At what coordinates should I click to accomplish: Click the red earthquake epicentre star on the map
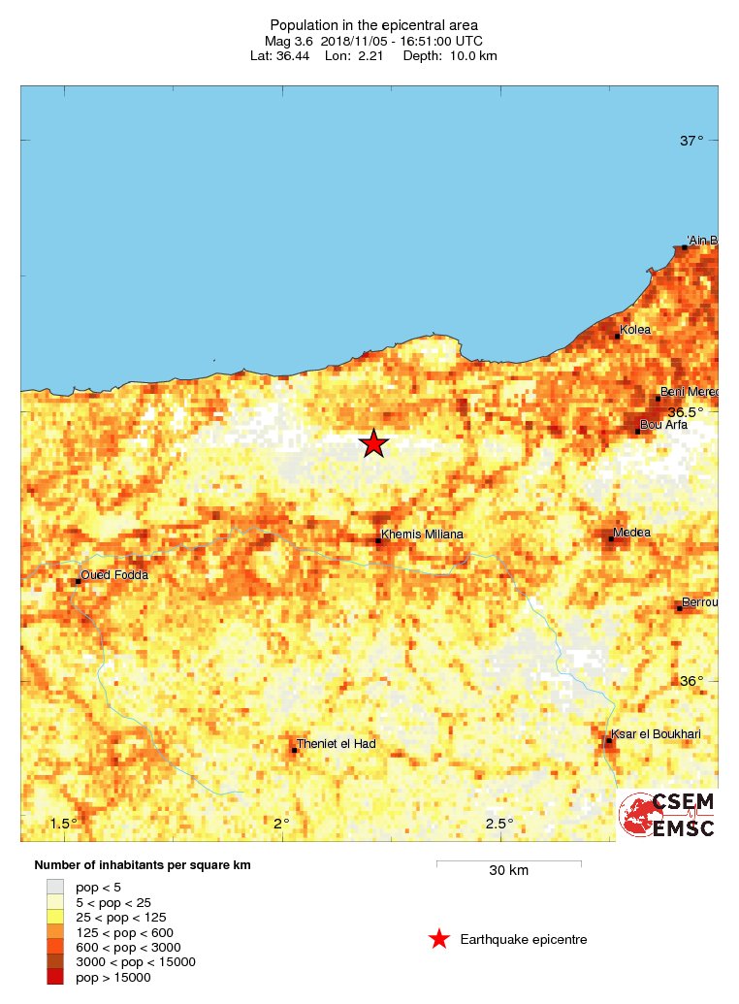pos(374,443)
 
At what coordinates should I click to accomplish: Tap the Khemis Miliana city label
pos(422,534)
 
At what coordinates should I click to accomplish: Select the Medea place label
pos(631,533)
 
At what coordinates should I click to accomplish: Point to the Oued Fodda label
pos(114,575)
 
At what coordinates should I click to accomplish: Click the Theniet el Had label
pos(337,744)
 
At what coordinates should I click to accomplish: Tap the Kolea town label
pos(635,330)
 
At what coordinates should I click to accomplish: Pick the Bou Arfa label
pos(664,424)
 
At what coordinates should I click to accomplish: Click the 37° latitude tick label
pos(691,141)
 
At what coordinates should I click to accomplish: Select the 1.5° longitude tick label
pos(64,824)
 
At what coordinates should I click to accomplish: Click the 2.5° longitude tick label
pos(499,824)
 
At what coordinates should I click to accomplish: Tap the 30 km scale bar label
pos(508,870)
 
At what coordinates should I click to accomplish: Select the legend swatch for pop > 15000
pos(55,977)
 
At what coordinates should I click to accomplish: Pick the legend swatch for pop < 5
pos(55,887)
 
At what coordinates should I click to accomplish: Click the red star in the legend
pos(439,939)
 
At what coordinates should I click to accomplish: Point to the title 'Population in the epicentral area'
pos(373,24)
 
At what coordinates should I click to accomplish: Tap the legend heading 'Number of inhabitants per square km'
pos(143,864)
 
